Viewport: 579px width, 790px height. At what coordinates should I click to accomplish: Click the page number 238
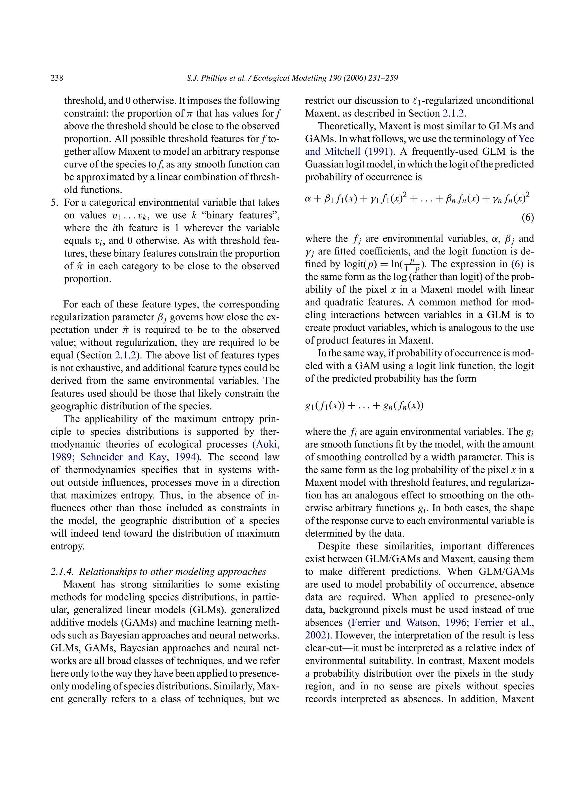tap(57, 78)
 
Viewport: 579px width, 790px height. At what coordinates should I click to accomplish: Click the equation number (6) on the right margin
tap(528, 218)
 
